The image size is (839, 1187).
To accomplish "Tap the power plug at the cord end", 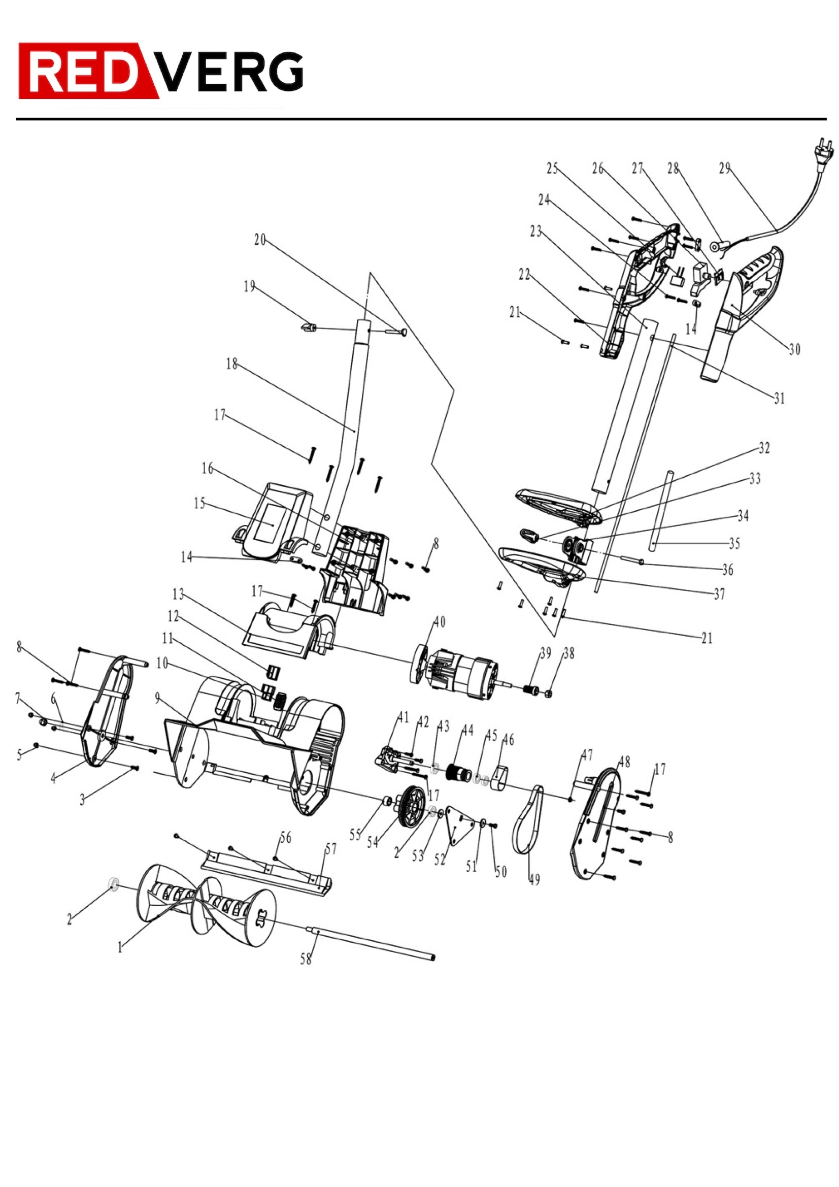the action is click(823, 147).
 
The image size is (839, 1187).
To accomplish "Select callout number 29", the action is click(725, 169).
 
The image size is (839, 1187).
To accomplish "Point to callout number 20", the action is click(259, 239).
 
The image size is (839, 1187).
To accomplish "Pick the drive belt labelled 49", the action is click(528, 819).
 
